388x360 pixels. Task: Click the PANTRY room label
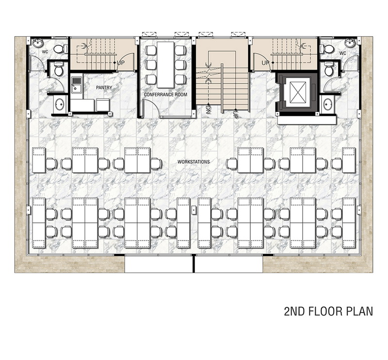click(104, 88)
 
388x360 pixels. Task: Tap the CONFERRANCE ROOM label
click(165, 94)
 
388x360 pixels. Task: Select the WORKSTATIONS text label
click(194, 162)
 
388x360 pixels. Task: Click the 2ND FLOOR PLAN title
click(328, 312)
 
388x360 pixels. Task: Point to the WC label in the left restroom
click(45, 52)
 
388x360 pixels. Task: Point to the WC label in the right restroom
click(342, 53)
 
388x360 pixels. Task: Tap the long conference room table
click(165, 64)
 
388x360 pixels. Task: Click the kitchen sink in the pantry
click(76, 85)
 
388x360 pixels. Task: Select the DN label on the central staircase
click(208, 110)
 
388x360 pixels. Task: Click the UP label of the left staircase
click(121, 63)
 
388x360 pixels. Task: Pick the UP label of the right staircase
click(265, 63)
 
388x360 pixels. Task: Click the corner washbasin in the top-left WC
click(38, 43)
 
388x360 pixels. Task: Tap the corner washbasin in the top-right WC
click(350, 43)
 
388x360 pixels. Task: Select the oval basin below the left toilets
click(60, 104)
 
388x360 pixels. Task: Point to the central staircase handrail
click(222, 88)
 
